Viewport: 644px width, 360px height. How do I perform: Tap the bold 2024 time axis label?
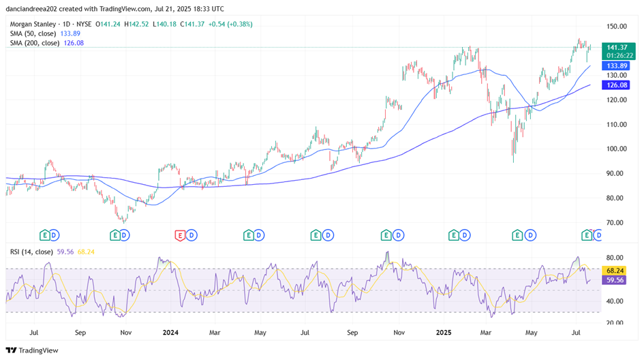tap(170, 333)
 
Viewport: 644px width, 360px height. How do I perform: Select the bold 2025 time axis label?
tap(443, 333)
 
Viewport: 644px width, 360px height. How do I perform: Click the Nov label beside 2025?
tap(399, 333)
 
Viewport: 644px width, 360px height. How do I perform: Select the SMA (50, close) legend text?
tap(33, 33)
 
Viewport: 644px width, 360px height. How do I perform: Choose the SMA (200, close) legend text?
tap(35, 42)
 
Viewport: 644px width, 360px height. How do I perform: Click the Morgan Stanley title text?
tap(33, 23)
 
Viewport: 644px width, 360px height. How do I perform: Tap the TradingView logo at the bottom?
tap(33, 350)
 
